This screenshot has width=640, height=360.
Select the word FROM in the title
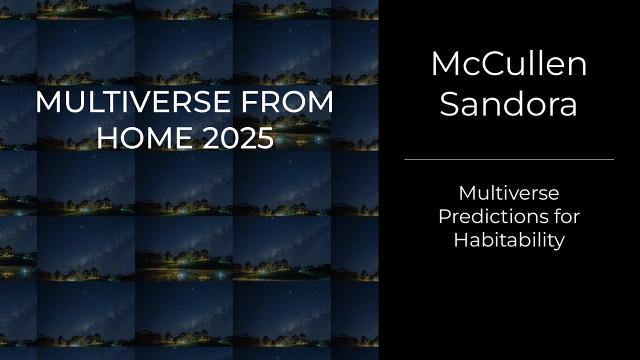pos(287,102)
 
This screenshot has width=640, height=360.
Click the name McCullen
pos(509,64)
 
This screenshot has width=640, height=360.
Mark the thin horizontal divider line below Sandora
pos(509,159)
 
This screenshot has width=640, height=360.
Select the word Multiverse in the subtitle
pos(509,193)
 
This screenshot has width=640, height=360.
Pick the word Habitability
pos(509,240)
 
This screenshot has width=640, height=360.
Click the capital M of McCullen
pos(445,64)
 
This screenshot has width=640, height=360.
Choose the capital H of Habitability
pos(460,240)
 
